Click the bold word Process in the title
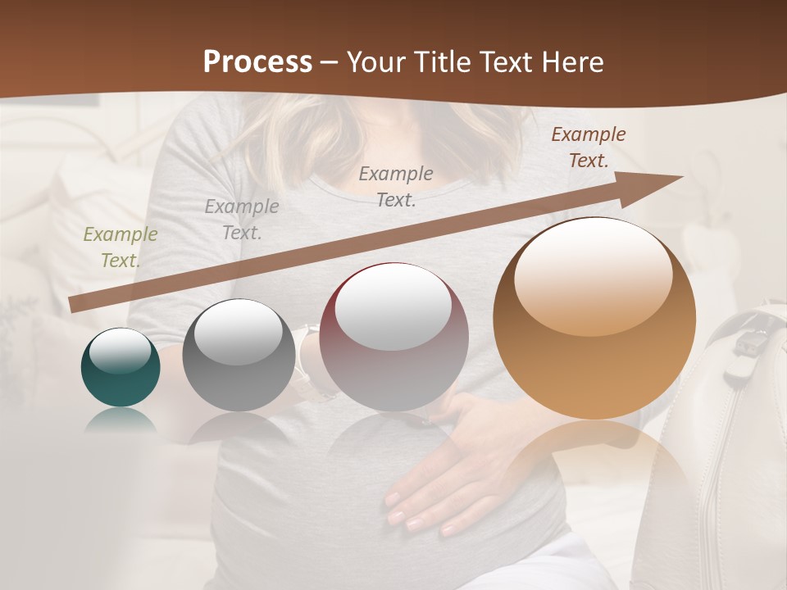(257, 62)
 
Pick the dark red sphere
(393, 338)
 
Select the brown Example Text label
(588, 147)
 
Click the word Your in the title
(374, 62)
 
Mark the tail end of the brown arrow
(74, 305)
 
